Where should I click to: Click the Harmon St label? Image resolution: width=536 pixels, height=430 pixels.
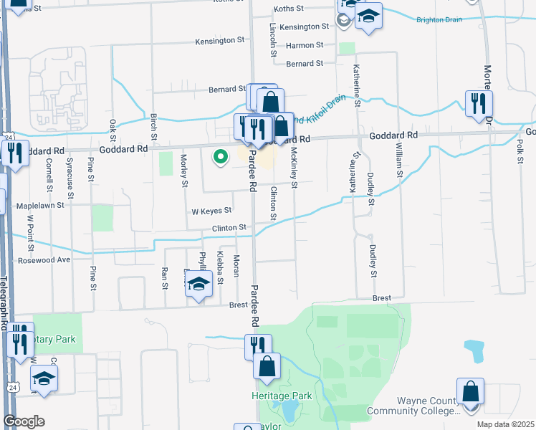pos(305,45)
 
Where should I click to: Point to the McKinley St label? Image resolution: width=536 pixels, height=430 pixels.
pos(293,165)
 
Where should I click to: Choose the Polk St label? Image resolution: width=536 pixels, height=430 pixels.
pos(517,152)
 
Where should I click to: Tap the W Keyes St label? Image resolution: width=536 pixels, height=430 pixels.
pos(211,211)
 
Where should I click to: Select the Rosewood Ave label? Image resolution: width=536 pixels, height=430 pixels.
pos(44,260)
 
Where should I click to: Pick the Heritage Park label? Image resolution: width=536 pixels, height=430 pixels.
pos(282,396)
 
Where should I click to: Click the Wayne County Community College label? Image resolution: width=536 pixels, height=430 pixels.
pos(413,406)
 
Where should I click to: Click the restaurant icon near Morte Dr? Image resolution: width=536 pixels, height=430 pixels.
pos(478,103)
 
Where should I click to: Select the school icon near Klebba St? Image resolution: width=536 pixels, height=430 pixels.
pos(198,286)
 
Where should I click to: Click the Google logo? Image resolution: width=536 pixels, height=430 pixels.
pos(24,421)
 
